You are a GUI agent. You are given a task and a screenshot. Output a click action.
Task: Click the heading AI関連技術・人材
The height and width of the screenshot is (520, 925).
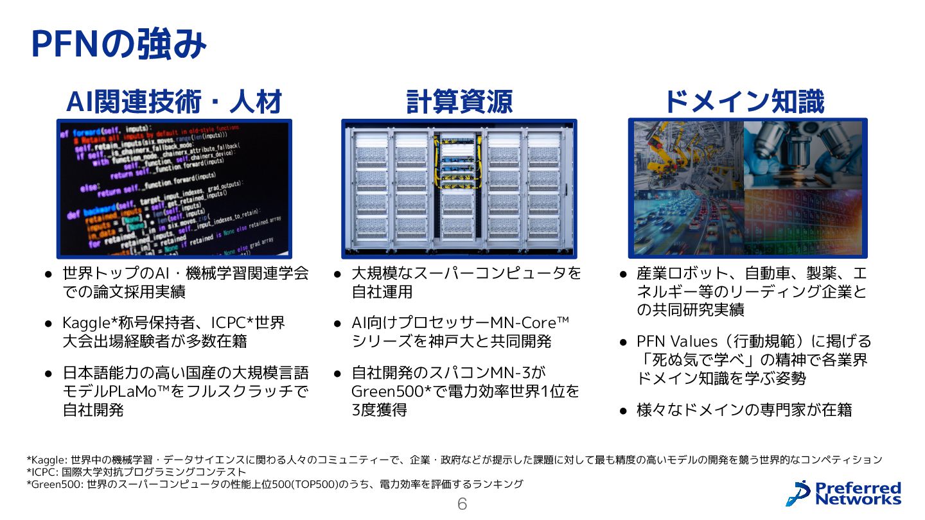(x=174, y=101)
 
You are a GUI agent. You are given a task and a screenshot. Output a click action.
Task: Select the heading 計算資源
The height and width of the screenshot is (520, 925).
(x=459, y=101)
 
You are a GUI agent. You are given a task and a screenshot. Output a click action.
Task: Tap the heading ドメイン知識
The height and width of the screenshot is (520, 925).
(x=744, y=101)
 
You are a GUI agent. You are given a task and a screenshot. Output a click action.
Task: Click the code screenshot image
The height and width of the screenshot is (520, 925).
(x=174, y=189)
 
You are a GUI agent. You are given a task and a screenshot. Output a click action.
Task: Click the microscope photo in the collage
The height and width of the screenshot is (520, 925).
(x=803, y=154)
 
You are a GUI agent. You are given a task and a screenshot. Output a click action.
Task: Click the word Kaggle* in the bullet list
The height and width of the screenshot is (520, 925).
(x=87, y=322)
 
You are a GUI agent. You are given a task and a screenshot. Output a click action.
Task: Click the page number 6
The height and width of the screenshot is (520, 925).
(x=462, y=504)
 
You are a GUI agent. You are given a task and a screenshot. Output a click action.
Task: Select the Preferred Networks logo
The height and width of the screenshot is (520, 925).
(x=847, y=493)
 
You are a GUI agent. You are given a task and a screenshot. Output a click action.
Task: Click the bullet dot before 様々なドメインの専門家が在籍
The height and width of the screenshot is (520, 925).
(x=622, y=410)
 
